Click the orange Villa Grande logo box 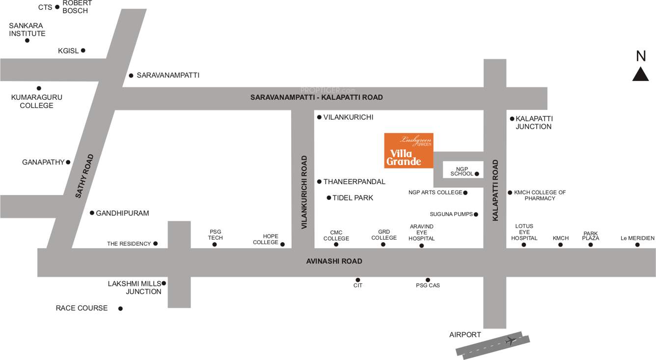pos(409,150)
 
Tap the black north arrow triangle pos(640,75)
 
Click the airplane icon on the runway pos(511,340)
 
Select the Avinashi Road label pos(334,261)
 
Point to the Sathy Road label pos(84,176)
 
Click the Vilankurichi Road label pos(304,192)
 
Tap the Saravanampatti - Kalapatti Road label pos(316,97)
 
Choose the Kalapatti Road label pos(495,190)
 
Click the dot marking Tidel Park pos(329,198)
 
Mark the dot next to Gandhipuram pos(92,213)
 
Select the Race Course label pos(82,308)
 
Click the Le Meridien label pos(637,238)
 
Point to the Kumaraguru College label pos(37,101)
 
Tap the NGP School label pos(462,171)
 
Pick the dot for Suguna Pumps pos(476,214)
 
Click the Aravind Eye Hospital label pos(421,232)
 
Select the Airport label pos(465,334)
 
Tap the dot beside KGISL pos(83,51)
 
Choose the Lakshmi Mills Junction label pos(134,287)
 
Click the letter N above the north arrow pos(641,56)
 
